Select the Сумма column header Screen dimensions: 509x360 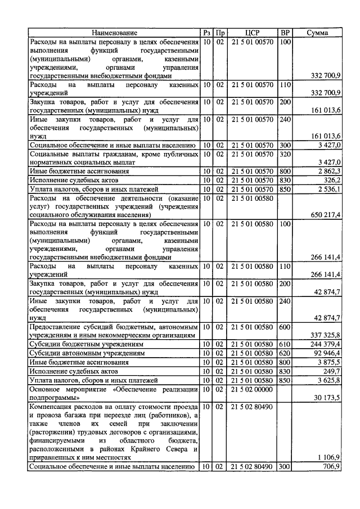coord(317,33)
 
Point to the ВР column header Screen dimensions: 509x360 coord(285,33)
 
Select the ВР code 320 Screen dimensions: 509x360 coord(285,154)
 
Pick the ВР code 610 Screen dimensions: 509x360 coord(285,344)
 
